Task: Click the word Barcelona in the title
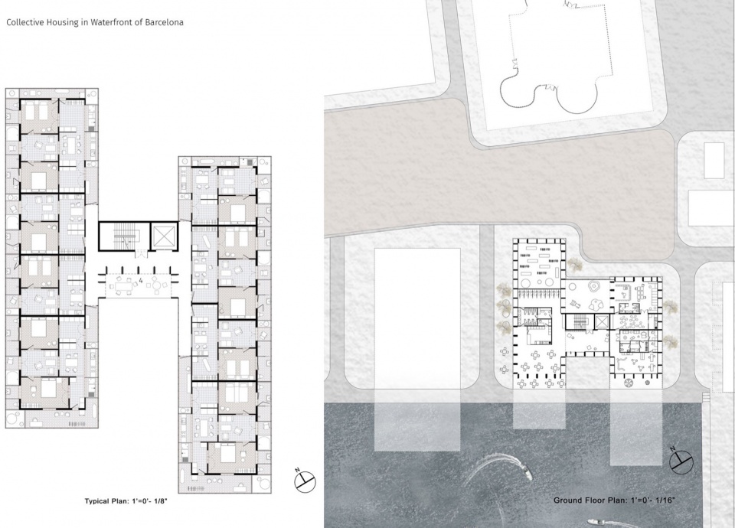(x=164, y=22)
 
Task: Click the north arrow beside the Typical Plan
(x=305, y=481)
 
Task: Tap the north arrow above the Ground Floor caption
(x=681, y=460)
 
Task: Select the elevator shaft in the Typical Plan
(x=164, y=236)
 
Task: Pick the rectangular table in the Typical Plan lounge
(x=124, y=285)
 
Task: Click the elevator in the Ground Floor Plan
(x=600, y=322)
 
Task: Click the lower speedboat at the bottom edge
(x=595, y=522)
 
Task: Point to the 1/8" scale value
(x=159, y=500)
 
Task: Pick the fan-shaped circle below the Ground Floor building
(x=628, y=383)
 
